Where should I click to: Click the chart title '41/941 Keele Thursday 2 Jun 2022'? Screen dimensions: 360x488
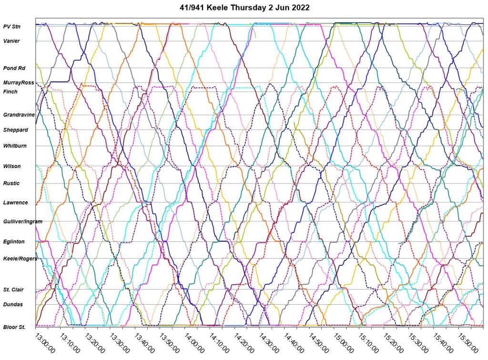point(244,8)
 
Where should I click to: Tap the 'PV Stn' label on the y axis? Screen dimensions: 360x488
point(11,27)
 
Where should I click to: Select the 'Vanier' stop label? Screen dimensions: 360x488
point(11,41)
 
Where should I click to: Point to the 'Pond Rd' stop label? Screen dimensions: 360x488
point(14,68)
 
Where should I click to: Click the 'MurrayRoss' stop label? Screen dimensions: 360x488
point(19,83)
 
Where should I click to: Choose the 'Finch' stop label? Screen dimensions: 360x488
point(10,91)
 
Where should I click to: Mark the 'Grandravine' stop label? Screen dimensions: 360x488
point(19,115)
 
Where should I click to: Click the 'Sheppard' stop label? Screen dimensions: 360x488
point(16,130)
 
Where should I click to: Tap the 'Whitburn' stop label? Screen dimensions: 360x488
point(15,146)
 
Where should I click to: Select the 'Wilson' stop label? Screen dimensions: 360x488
point(12,166)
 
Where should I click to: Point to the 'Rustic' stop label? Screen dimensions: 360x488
point(11,183)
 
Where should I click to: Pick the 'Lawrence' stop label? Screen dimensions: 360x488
point(16,203)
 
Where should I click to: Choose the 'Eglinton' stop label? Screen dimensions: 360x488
point(14,242)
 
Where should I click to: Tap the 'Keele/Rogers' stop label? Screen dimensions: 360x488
point(20,259)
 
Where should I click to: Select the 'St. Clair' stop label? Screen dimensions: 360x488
point(14,290)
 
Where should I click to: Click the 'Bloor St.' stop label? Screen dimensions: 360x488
point(14,327)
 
